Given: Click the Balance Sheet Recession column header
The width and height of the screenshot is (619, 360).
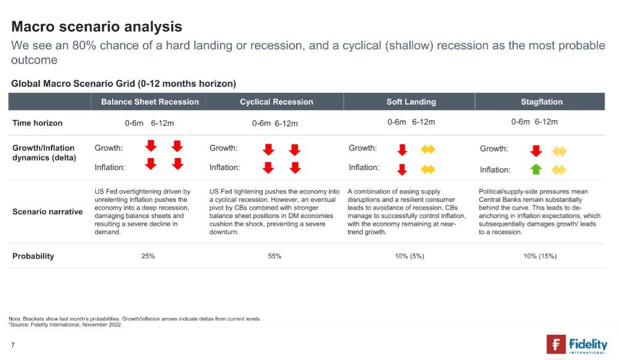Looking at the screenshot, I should click(150, 102).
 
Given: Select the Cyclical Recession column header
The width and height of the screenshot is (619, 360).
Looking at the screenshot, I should click(276, 102).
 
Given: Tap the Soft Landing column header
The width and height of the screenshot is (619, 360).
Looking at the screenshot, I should click(411, 102).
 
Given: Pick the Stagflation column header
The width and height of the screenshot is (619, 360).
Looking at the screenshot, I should click(542, 102).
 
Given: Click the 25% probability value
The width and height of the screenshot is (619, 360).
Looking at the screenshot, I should click(148, 256).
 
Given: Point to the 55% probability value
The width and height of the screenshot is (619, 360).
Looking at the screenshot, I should click(275, 256).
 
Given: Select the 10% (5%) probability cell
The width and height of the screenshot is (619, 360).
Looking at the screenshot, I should click(409, 256).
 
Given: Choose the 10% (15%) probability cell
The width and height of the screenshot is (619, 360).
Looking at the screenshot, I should click(540, 256).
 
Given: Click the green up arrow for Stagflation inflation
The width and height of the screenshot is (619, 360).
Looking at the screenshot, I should click(536, 170).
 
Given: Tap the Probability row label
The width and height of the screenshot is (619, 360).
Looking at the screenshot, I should click(33, 256).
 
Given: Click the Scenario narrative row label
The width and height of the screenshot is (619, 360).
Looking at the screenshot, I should click(47, 211).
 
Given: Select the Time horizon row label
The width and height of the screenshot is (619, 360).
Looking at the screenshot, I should click(37, 123).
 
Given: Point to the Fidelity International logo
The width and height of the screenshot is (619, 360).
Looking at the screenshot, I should click(576, 345).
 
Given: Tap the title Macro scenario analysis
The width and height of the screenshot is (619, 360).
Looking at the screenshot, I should click(96, 26).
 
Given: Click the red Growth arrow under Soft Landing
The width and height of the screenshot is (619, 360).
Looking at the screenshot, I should click(402, 149).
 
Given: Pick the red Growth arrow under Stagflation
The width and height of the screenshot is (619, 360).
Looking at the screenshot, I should click(536, 150).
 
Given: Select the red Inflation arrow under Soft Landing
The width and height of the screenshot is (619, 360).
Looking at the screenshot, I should click(402, 169).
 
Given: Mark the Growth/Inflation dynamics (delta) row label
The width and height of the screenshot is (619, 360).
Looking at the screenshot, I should click(44, 153).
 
